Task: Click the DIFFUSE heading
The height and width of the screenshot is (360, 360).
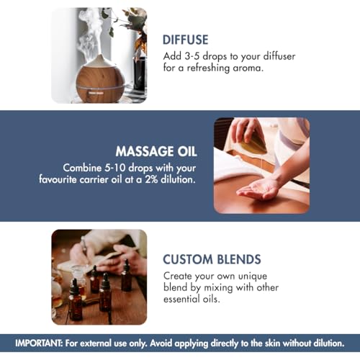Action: (185, 40)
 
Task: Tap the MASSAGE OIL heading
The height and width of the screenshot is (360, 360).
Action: (156, 151)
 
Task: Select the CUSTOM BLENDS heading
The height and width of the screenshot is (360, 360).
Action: (212, 259)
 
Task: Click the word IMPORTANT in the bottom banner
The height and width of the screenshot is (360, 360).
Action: (38, 343)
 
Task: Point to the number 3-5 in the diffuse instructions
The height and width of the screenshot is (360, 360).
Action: (192, 56)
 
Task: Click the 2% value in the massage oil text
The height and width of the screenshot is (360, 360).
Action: (151, 179)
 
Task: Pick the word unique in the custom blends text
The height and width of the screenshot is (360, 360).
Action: (253, 276)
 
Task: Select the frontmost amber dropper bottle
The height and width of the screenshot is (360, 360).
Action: (76, 300)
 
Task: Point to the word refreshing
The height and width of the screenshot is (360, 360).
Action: (208, 68)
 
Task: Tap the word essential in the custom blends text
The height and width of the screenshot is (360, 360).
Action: (182, 299)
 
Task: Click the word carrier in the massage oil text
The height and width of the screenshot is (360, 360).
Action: (94, 180)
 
